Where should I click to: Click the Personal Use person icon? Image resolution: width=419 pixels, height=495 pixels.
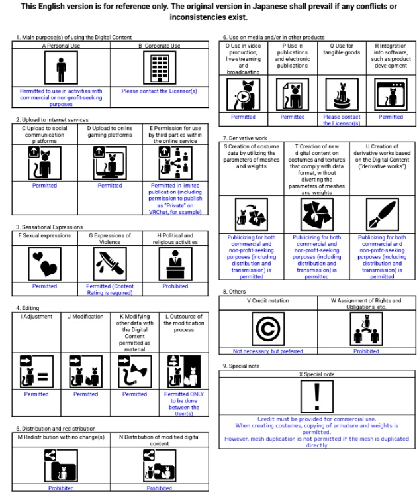[x=61, y=68]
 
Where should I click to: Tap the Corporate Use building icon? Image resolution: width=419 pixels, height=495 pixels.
[x=160, y=68]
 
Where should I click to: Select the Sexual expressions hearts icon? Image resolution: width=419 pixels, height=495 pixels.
[x=44, y=264]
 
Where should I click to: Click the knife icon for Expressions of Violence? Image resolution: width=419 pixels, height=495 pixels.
[x=110, y=264]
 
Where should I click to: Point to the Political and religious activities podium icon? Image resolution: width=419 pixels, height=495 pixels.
[x=175, y=264]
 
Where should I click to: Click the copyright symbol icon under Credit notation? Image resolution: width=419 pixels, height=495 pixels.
[x=268, y=329]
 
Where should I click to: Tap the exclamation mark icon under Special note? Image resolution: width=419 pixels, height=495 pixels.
[x=317, y=396]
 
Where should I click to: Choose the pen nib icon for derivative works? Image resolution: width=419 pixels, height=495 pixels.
[x=382, y=215]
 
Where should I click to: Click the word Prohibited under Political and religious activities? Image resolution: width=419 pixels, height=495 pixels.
[x=175, y=286]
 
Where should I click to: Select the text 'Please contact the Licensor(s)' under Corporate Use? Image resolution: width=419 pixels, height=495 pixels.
[x=160, y=91]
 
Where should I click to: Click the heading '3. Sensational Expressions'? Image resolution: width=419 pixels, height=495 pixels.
[x=50, y=227]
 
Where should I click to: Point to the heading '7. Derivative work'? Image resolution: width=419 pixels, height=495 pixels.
[x=245, y=138]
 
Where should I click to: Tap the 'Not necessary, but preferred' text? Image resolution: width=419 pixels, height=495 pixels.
[x=268, y=351]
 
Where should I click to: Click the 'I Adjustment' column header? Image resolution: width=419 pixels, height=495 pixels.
[x=36, y=317]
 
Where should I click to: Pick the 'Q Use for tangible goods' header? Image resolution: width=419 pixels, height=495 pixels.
[x=342, y=49]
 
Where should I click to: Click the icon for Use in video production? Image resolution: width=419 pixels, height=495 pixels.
[x=244, y=94]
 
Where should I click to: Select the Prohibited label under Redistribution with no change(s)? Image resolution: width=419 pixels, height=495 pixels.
[x=61, y=488]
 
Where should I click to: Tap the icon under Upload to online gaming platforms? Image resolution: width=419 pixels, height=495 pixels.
[x=110, y=163]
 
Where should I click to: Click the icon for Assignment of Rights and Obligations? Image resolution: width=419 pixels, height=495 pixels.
[x=366, y=329]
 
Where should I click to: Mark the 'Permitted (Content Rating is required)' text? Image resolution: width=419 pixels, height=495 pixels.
[x=110, y=290]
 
